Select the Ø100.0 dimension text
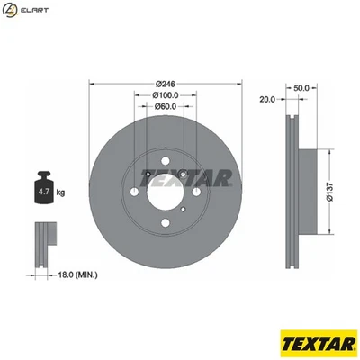(163, 94)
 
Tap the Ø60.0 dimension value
(163, 108)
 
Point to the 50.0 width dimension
(301, 88)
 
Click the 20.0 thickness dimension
(267, 99)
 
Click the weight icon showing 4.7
(44, 188)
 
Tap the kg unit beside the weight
(61, 192)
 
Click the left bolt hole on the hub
(136, 191)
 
